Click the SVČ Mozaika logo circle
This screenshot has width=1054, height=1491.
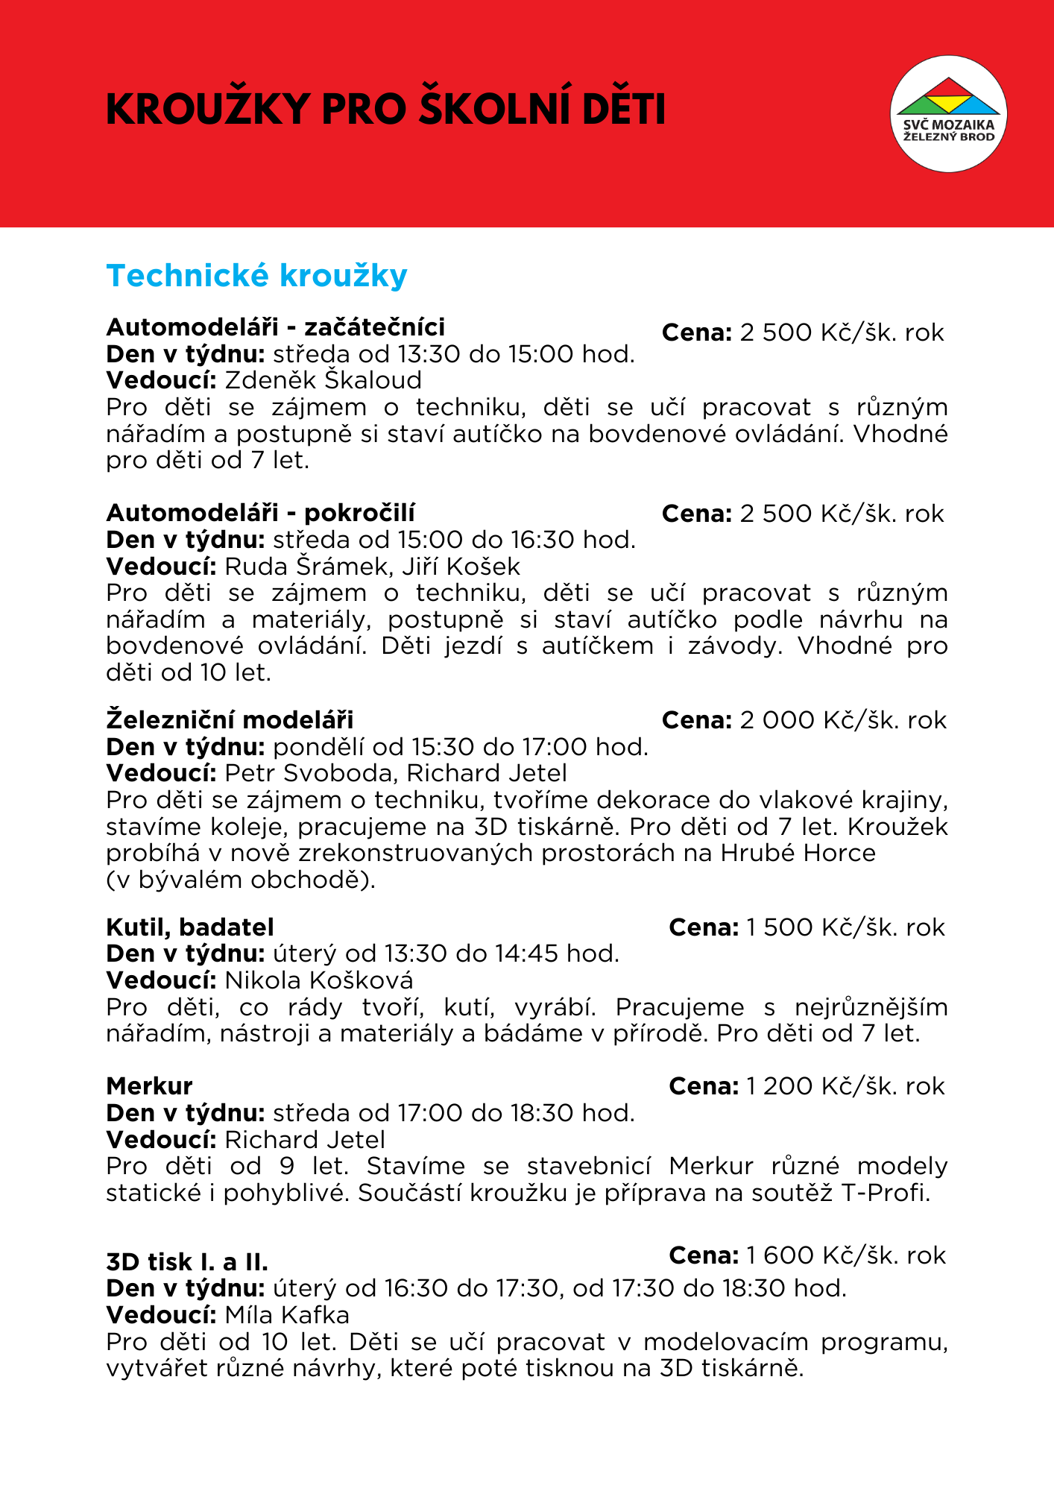click(948, 113)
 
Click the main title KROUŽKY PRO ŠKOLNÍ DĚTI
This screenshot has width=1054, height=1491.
click(385, 110)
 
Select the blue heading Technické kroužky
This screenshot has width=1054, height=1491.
click(257, 276)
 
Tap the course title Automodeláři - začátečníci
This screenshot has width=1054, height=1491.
click(276, 327)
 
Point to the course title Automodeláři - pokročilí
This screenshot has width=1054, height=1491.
click(261, 513)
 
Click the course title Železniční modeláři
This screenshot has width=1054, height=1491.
click(230, 720)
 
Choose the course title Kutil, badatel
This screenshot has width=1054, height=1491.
click(190, 927)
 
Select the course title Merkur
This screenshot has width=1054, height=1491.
click(149, 1086)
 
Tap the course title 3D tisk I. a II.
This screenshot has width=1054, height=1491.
click(187, 1262)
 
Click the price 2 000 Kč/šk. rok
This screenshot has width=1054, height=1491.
click(842, 720)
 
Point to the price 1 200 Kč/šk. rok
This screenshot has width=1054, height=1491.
click(845, 1086)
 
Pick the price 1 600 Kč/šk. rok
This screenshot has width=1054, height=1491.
click(845, 1255)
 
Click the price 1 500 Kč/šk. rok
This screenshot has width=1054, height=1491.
click(845, 927)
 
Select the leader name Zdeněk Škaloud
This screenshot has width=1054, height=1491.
click(323, 380)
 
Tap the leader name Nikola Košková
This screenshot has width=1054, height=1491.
click(319, 980)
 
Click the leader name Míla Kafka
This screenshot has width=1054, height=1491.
click(287, 1314)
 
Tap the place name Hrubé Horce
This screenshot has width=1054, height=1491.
click(798, 853)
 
